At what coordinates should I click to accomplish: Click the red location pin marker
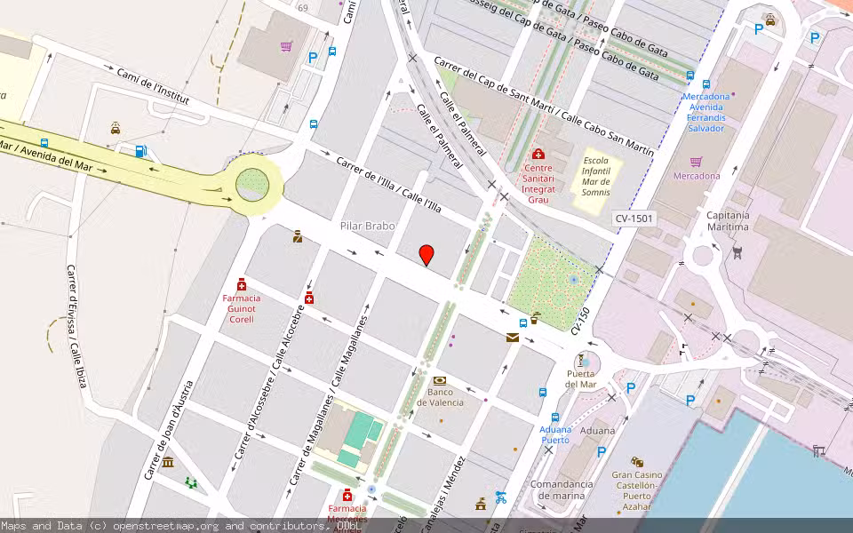pos(426,255)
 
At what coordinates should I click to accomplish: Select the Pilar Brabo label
pos(367,226)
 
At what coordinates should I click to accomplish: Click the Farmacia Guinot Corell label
pos(242,308)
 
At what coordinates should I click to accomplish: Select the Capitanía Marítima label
pos(728,220)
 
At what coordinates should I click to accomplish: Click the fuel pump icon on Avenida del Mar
pos(140,151)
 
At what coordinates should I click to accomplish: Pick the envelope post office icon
pos(513,337)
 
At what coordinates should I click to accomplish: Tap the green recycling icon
pos(191,482)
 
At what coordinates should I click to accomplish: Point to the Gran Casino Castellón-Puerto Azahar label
pos(637,489)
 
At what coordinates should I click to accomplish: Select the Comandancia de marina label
pos(562,489)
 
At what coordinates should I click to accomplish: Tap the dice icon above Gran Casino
pos(637,462)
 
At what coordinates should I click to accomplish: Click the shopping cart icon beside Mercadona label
pos(697,162)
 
